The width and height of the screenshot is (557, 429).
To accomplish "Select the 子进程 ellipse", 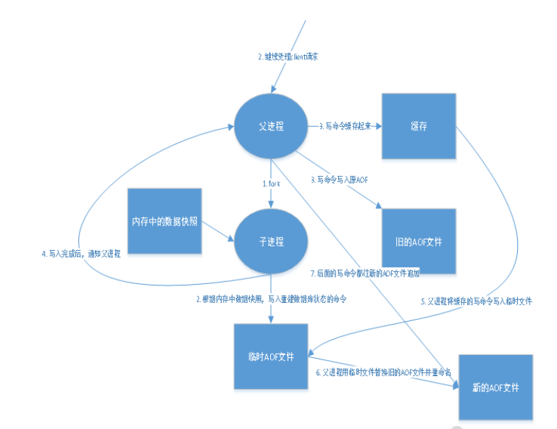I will point(270,241).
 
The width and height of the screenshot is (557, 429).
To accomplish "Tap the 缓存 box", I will point(419,125).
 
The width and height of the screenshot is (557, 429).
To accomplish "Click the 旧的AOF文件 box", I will point(419,241).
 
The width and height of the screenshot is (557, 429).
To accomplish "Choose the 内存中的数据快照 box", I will point(164,222).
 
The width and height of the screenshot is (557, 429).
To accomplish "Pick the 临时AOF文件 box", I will point(270,357).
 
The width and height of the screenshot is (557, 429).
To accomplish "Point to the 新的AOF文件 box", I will point(496,387).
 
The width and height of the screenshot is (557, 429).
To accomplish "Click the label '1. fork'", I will point(271,184).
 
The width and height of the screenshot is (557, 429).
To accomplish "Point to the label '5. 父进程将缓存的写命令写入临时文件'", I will point(477,301).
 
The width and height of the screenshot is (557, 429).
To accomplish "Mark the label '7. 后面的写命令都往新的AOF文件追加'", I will point(364,273).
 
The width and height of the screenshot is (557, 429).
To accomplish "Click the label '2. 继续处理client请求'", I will point(287,57).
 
